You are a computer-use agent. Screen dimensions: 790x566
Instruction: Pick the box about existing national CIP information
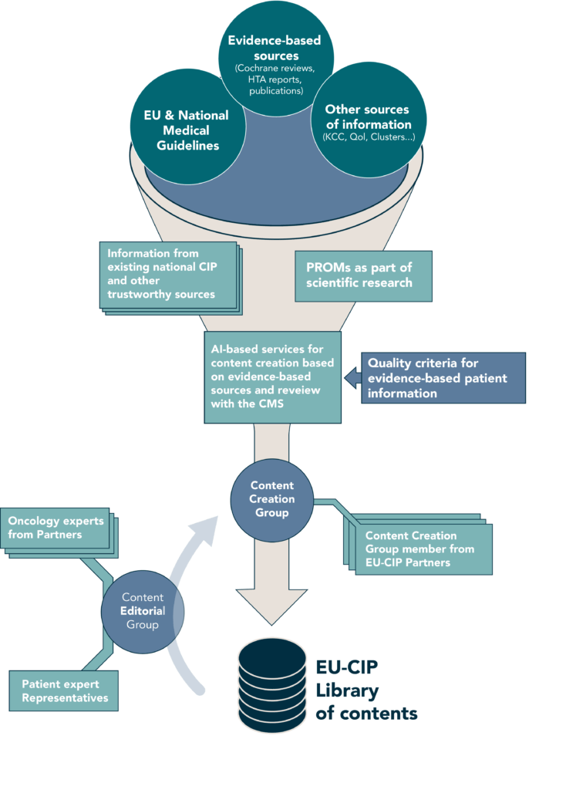click(167, 273)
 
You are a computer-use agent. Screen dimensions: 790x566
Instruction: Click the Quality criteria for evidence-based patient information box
click(443, 378)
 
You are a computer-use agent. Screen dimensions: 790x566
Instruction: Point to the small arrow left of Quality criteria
click(352, 377)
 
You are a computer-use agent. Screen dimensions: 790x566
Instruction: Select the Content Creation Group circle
click(272, 499)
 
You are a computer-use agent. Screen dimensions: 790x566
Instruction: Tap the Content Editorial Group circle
click(143, 610)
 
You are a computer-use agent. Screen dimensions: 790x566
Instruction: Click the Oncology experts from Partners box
click(54, 528)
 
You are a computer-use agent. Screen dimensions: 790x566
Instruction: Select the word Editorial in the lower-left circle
click(142, 610)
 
